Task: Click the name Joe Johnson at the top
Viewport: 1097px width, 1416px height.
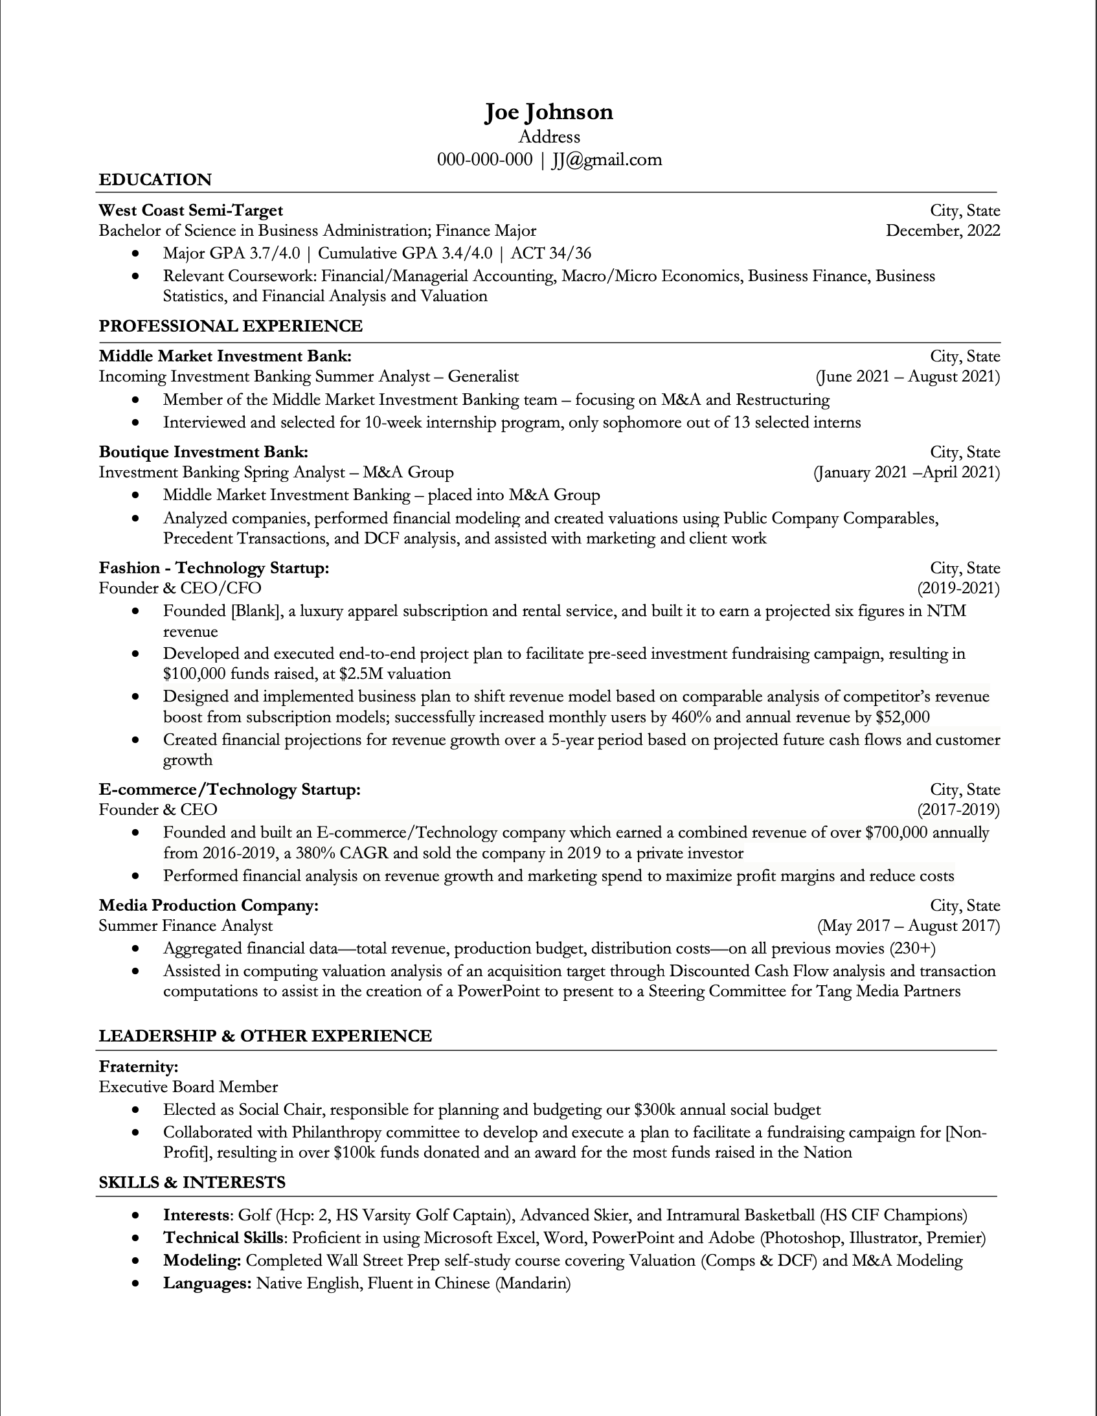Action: pos(548,112)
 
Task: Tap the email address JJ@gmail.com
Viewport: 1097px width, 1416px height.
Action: pos(607,159)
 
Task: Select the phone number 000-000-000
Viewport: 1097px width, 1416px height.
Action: pos(484,159)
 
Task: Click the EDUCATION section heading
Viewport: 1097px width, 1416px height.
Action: pos(155,179)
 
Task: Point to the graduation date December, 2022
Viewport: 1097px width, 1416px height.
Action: pos(943,231)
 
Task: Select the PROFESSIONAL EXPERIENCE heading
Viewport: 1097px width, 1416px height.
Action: pos(230,325)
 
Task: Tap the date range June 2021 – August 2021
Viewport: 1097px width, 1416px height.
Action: pos(908,377)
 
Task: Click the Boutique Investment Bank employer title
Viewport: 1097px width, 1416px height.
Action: pos(203,452)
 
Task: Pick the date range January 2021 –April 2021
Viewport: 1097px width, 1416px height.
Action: pos(907,472)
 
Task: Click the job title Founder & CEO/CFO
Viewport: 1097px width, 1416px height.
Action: pos(179,588)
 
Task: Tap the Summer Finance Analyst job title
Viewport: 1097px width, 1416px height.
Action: pos(185,926)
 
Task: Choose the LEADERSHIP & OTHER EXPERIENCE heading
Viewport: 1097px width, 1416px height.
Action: pos(265,1036)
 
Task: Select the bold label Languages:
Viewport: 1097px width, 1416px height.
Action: pos(207,1283)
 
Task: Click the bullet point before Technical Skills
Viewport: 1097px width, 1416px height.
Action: pos(135,1239)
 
